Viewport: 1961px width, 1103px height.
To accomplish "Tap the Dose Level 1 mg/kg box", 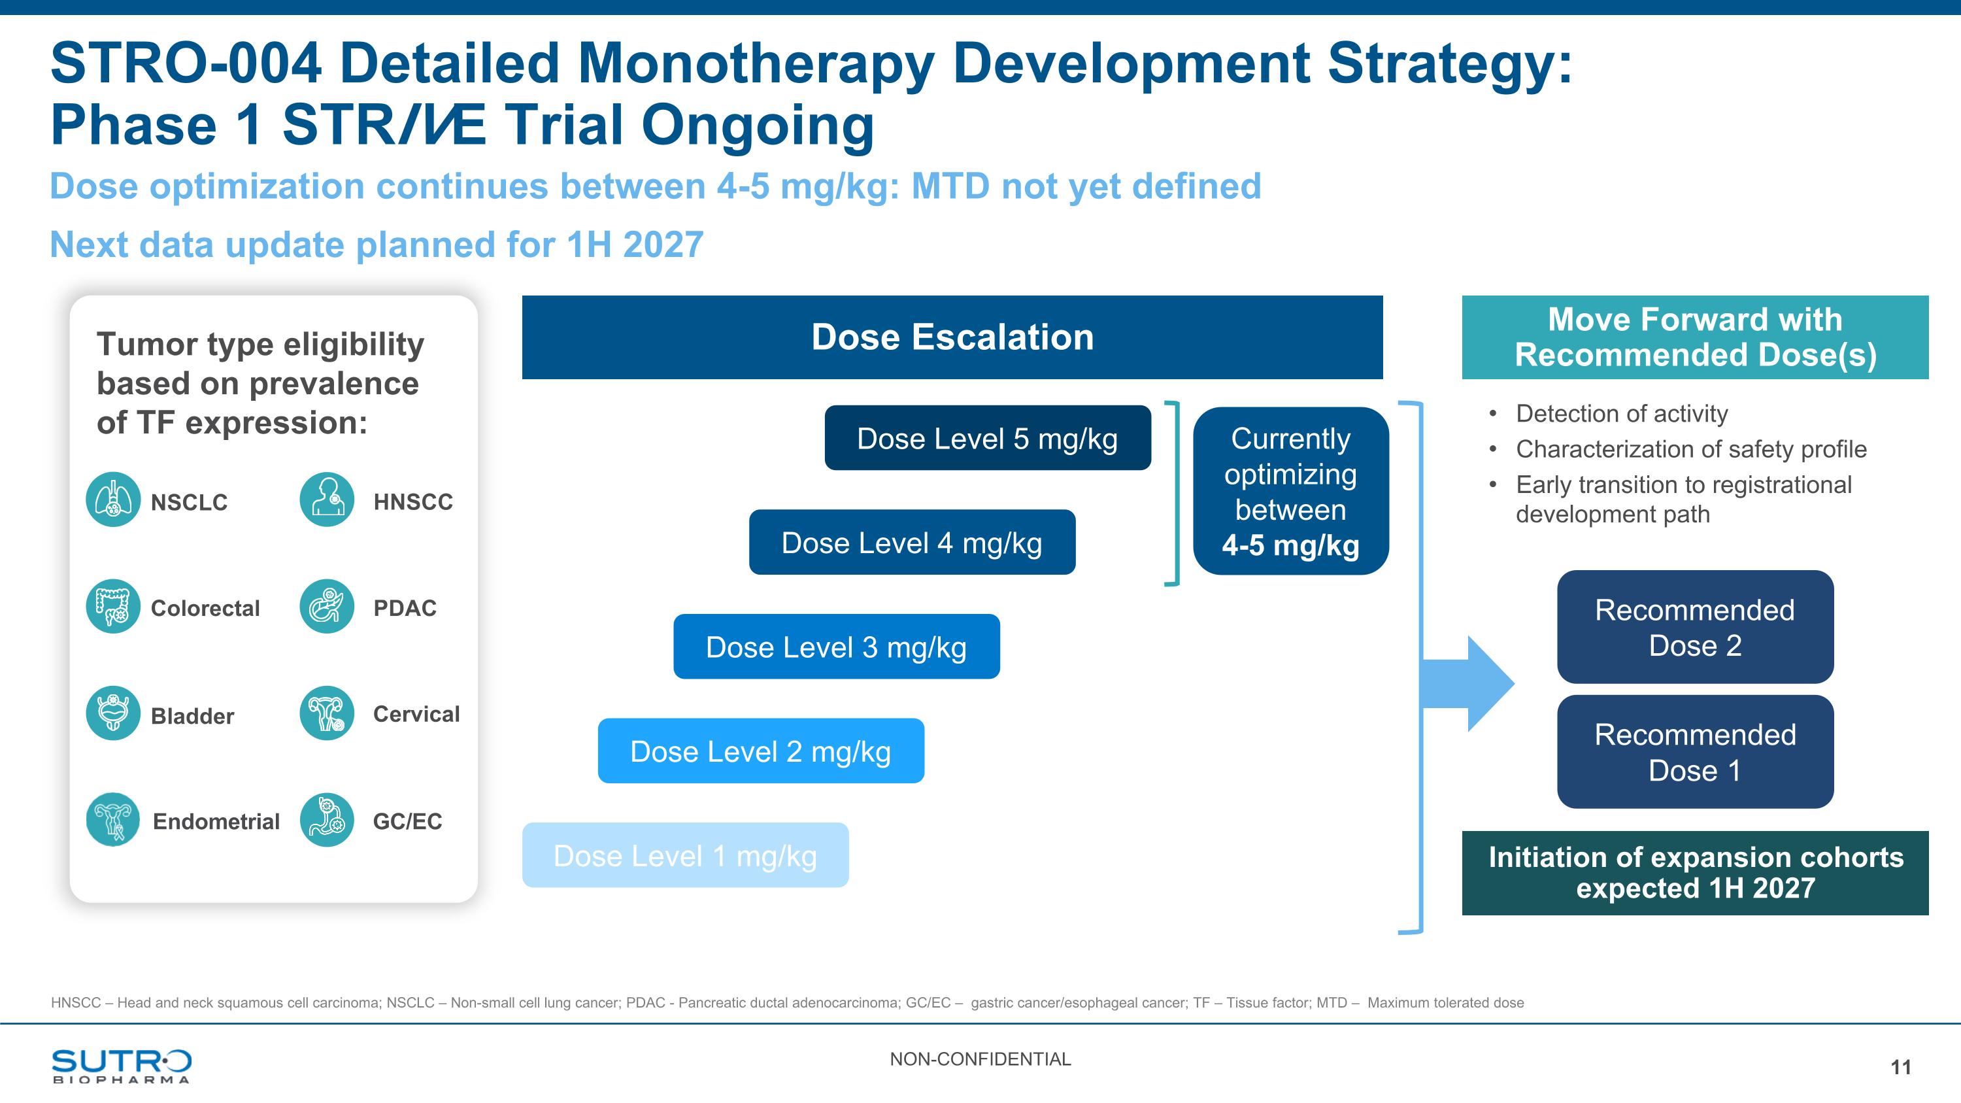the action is [x=685, y=855].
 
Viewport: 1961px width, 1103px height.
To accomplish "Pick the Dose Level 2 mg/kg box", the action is [x=762, y=751].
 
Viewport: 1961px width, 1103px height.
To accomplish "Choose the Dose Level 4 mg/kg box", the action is [x=912, y=542].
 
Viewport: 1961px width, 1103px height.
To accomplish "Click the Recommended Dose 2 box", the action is [x=1696, y=626].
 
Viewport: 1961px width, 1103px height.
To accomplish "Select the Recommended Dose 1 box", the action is [x=1696, y=751].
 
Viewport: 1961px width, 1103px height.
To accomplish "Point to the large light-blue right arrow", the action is [x=1467, y=683].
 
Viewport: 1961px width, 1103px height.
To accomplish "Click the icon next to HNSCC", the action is [x=327, y=500].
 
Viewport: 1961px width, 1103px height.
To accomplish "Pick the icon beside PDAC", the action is [x=327, y=606].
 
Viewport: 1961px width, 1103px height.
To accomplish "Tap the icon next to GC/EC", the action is [x=327, y=820].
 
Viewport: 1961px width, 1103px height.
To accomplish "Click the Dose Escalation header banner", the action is [x=952, y=337].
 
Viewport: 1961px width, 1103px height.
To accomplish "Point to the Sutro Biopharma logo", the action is [x=122, y=1066].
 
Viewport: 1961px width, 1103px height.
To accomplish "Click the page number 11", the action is [x=1901, y=1067].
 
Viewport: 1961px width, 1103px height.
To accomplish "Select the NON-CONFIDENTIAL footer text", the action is [x=980, y=1059].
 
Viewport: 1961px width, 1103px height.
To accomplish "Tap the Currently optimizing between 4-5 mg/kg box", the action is [x=1291, y=491].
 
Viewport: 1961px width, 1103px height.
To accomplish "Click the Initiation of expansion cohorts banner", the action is [x=1696, y=873].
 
